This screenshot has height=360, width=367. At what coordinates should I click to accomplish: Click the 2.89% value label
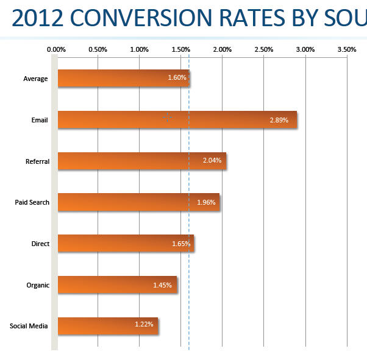pos(279,120)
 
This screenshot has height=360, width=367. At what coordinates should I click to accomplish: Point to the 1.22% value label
pos(144,325)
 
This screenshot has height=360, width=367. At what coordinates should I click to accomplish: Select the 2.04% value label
pos(212,161)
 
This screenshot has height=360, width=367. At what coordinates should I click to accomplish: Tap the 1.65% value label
pos(181,244)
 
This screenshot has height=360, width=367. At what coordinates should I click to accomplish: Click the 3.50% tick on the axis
pos(346,49)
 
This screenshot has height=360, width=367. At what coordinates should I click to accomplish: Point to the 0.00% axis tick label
pos(56,49)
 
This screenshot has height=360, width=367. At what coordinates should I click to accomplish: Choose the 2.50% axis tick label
pos(263,49)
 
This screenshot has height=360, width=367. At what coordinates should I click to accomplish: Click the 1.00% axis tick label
pos(139,49)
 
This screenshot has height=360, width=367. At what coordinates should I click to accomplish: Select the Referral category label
pos(37,161)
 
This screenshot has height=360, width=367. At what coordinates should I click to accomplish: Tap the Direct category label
pos(40,244)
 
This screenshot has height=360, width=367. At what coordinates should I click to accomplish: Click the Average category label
pos(35,79)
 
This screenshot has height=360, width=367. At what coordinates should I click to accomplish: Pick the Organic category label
pos(38,284)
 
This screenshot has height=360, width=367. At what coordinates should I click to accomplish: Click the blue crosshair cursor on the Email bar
pos(168,117)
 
